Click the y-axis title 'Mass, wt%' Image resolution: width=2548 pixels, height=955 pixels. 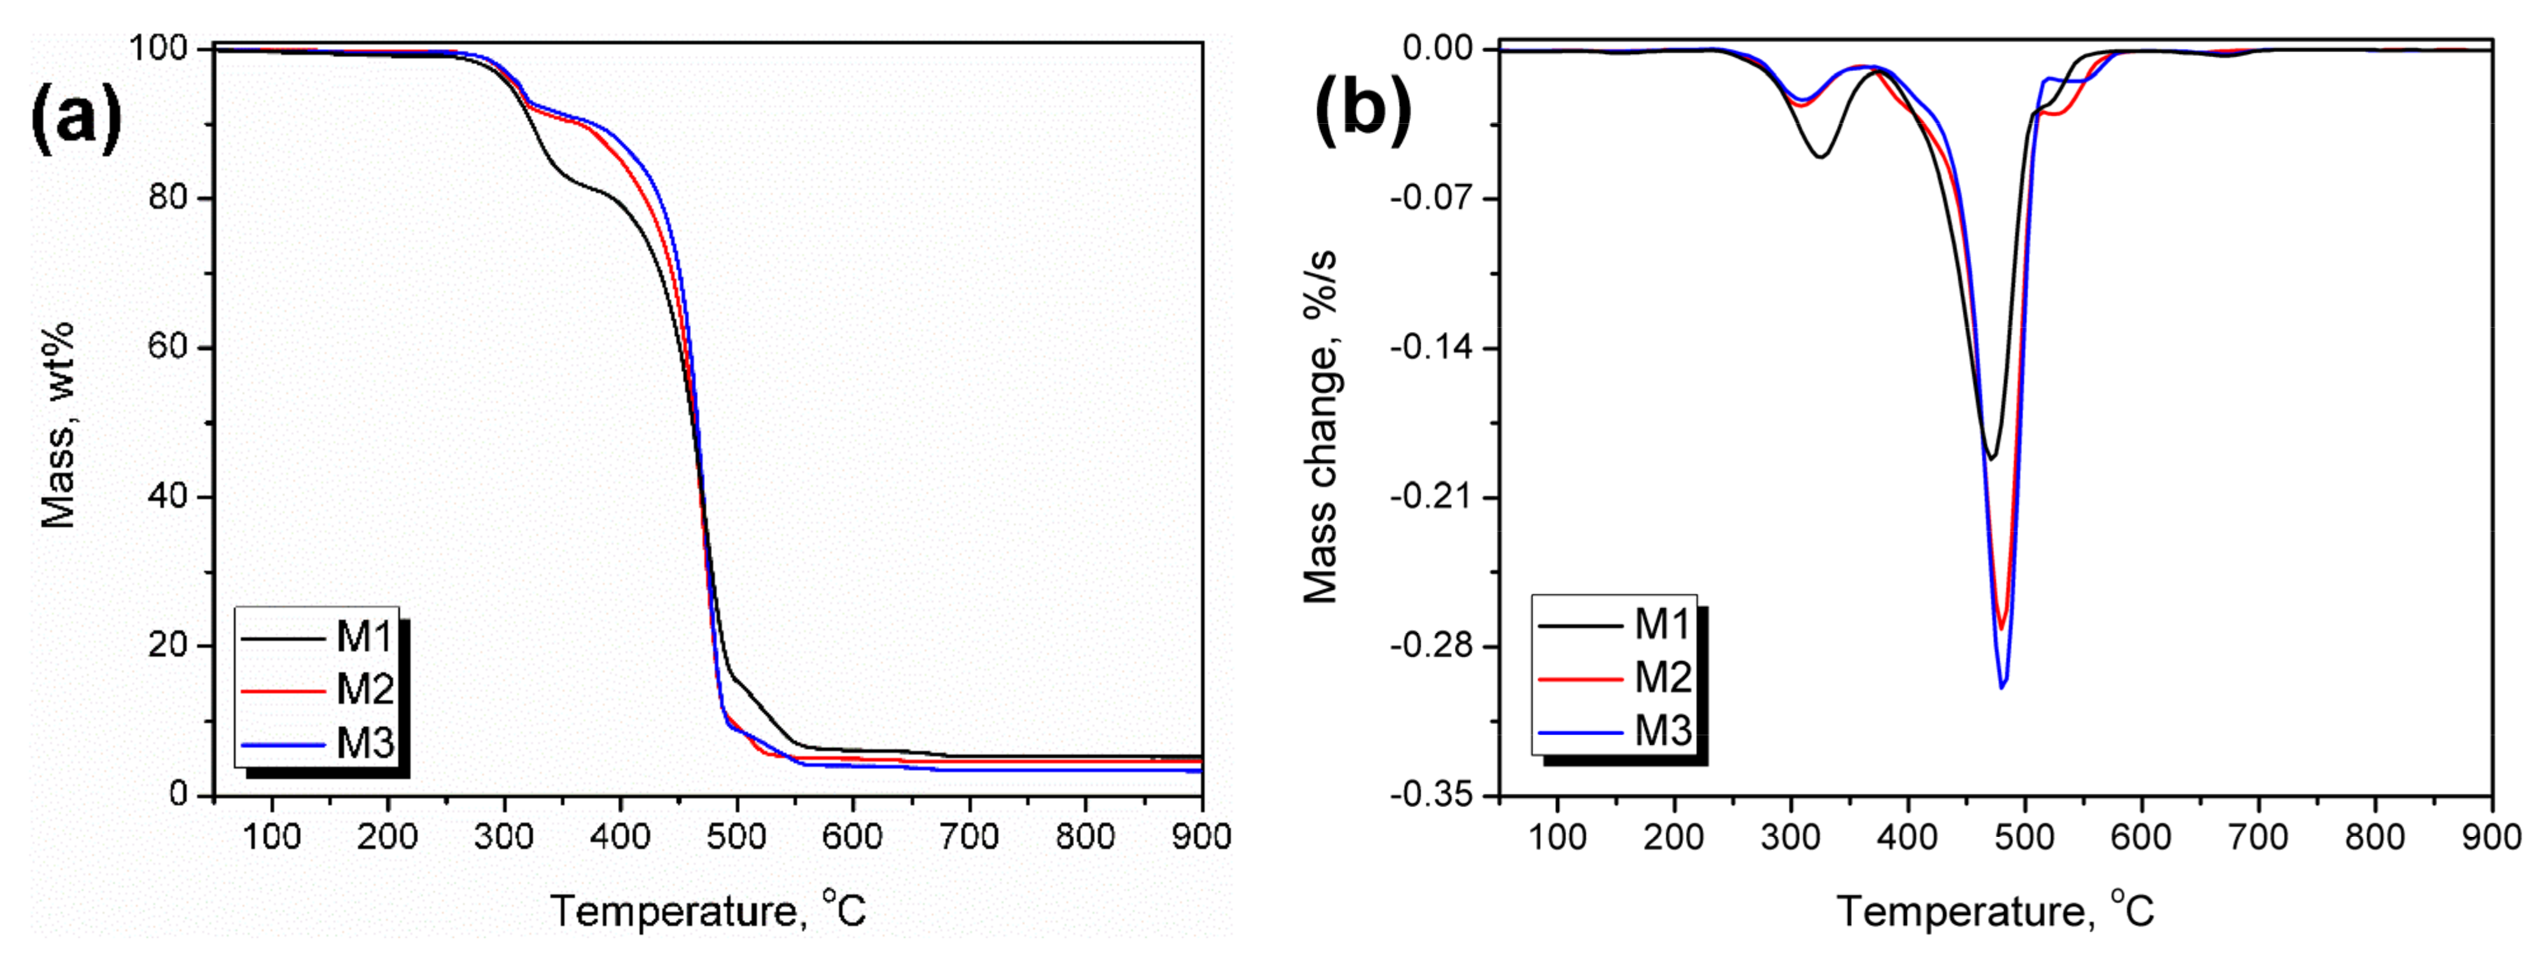pyautogui.click(x=58, y=425)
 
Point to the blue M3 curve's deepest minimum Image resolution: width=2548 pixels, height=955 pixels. pyautogui.click(x=2002, y=687)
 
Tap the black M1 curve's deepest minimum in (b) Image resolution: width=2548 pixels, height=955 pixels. pyautogui.click(x=1990, y=458)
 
